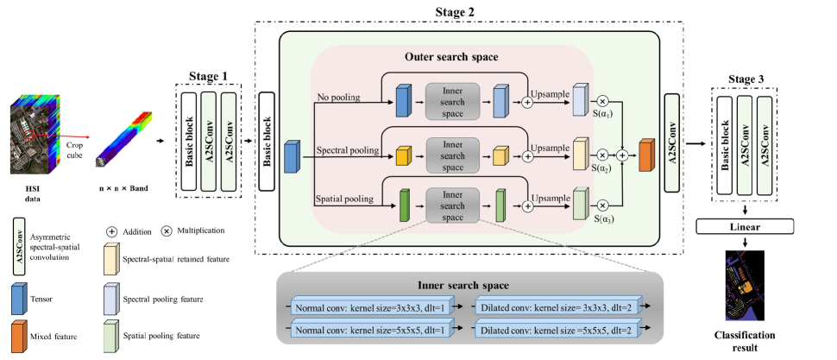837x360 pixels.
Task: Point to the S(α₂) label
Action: (x=600, y=170)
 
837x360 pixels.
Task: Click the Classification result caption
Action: (x=744, y=340)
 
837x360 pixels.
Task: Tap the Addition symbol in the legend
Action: (x=112, y=231)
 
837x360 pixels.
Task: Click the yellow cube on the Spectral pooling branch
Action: (x=401, y=156)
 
